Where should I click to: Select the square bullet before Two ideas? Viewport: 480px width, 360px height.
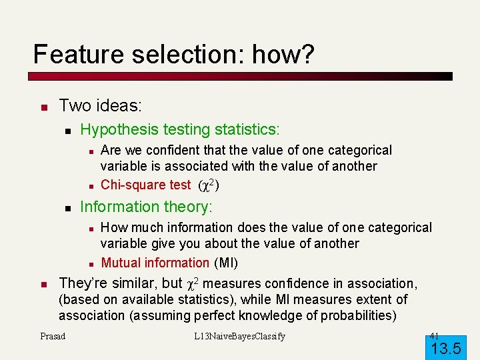tap(43, 107)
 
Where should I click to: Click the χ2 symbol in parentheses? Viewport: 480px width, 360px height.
tap(209, 185)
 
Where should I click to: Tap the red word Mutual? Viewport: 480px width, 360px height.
tap(121, 263)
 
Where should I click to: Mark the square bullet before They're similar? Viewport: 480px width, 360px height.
tap(43, 285)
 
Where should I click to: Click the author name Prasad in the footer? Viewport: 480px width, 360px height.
tap(53, 336)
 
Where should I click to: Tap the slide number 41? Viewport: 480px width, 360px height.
tap(434, 335)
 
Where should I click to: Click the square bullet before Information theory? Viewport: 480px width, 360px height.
tap(67, 208)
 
